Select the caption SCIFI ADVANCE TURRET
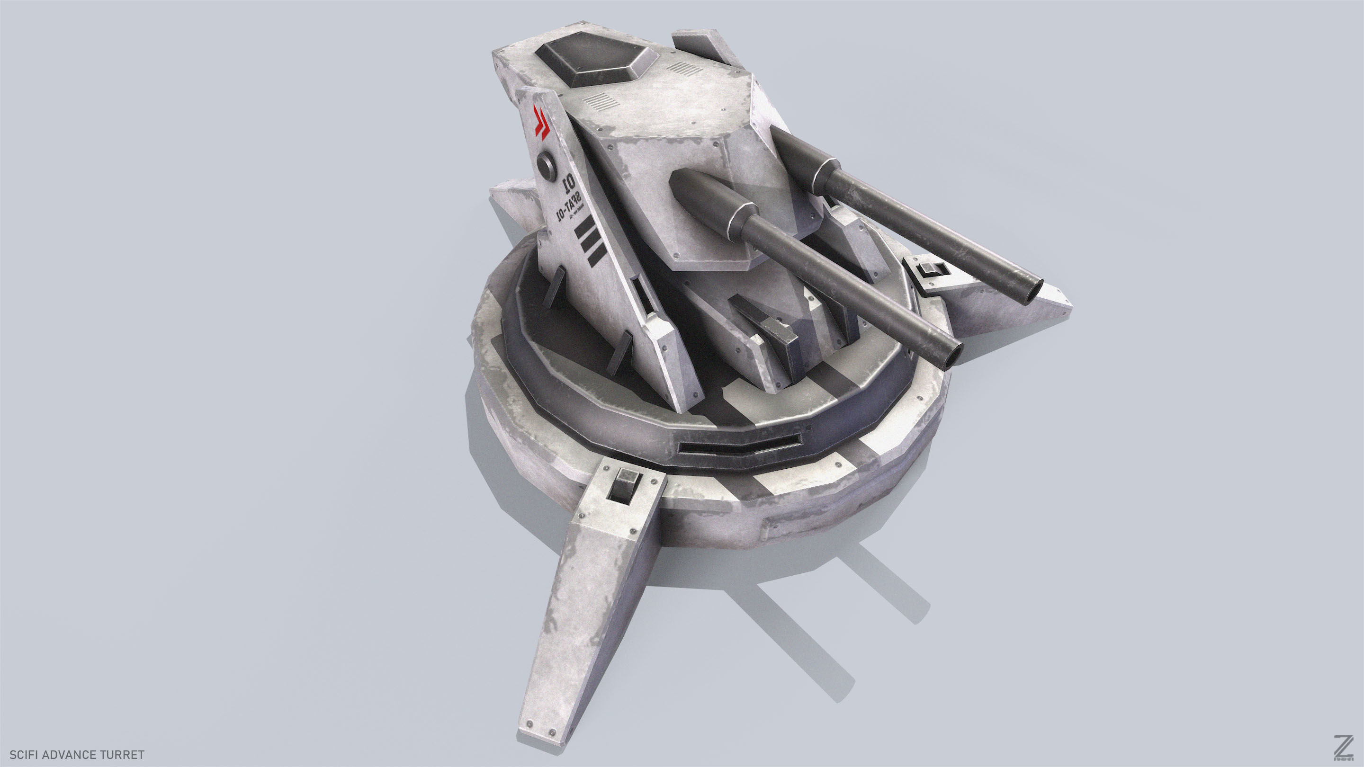tap(77, 754)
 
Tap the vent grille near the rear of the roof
tap(684, 69)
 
